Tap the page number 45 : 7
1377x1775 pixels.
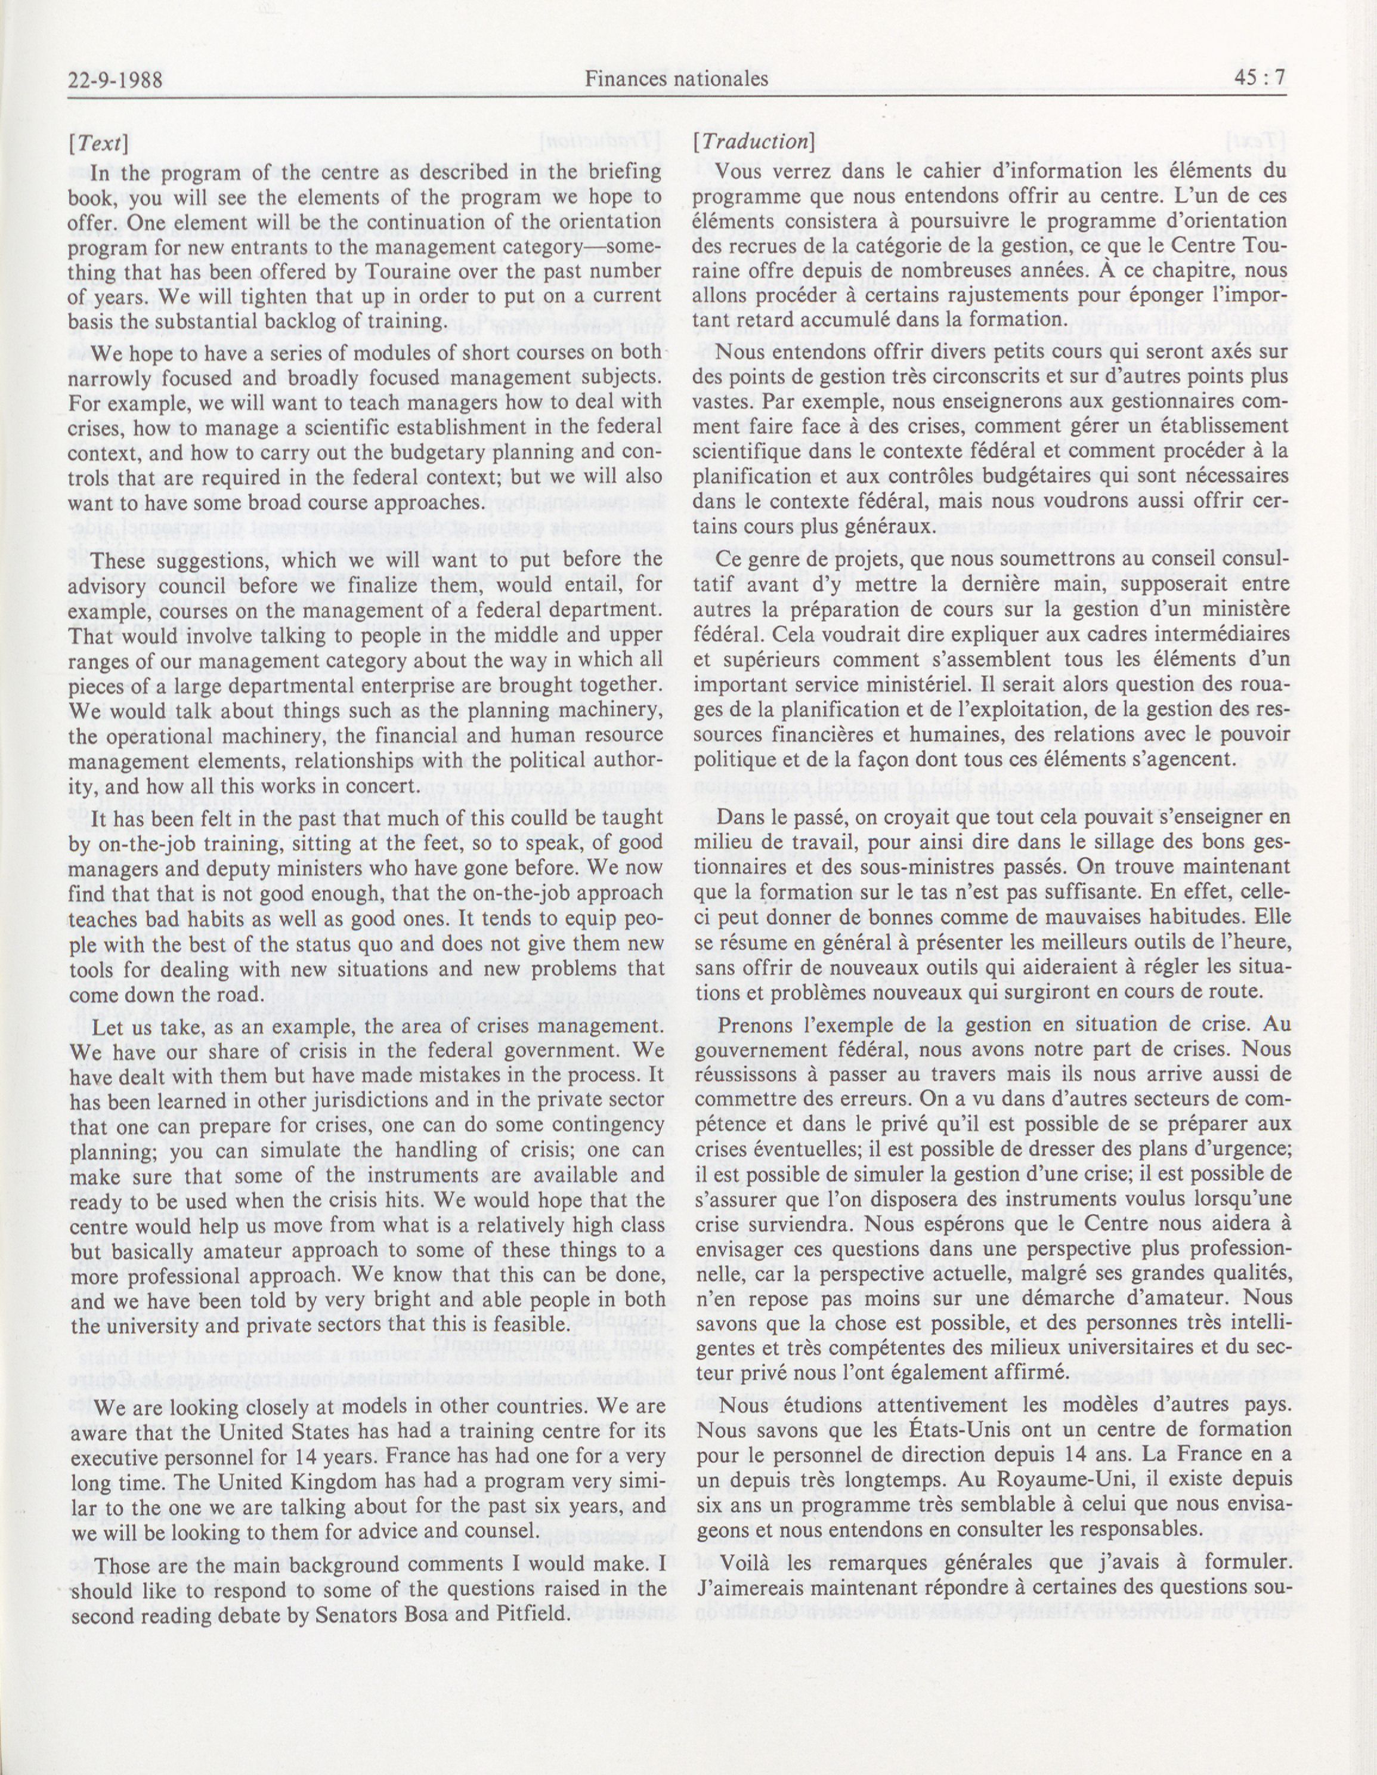tap(1261, 79)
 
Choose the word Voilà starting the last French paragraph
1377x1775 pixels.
tap(746, 1562)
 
